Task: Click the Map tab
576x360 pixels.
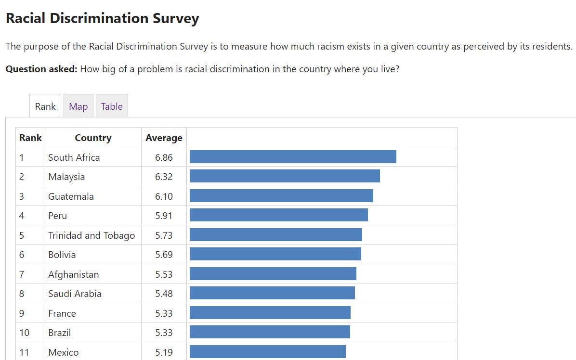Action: pyautogui.click(x=78, y=106)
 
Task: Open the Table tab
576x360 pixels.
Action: pyautogui.click(x=112, y=106)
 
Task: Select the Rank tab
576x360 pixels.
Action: pyautogui.click(x=45, y=106)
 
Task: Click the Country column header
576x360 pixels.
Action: pyautogui.click(x=93, y=138)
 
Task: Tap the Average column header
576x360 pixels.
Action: pyautogui.click(x=164, y=138)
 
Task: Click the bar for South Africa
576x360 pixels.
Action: pyautogui.click(x=293, y=157)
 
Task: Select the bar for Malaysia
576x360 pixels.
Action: pyautogui.click(x=285, y=176)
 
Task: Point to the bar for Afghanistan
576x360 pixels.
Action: pyautogui.click(x=273, y=274)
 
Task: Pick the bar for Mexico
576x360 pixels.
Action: pyautogui.click(x=268, y=352)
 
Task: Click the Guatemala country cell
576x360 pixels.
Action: pyautogui.click(x=71, y=196)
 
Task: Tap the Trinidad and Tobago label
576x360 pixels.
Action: pyautogui.click(x=92, y=235)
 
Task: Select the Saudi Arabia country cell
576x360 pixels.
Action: pyautogui.click(x=75, y=294)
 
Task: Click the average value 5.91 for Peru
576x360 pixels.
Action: pyautogui.click(x=164, y=216)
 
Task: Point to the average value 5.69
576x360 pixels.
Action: pyautogui.click(x=164, y=255)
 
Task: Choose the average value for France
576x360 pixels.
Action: pyautogui.click(x=164, y=313)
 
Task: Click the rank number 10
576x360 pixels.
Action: pyautogui.click(x=24, y=333)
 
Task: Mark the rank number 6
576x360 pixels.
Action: pyautogui.click(x=22, y=255)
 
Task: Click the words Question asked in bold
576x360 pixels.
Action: pyautogui.click(x=41, y=69)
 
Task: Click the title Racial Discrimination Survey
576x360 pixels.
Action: pyautogui.click(x=102, y=18)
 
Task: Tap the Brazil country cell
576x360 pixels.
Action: pyautogui.click(x=60, y=333)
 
